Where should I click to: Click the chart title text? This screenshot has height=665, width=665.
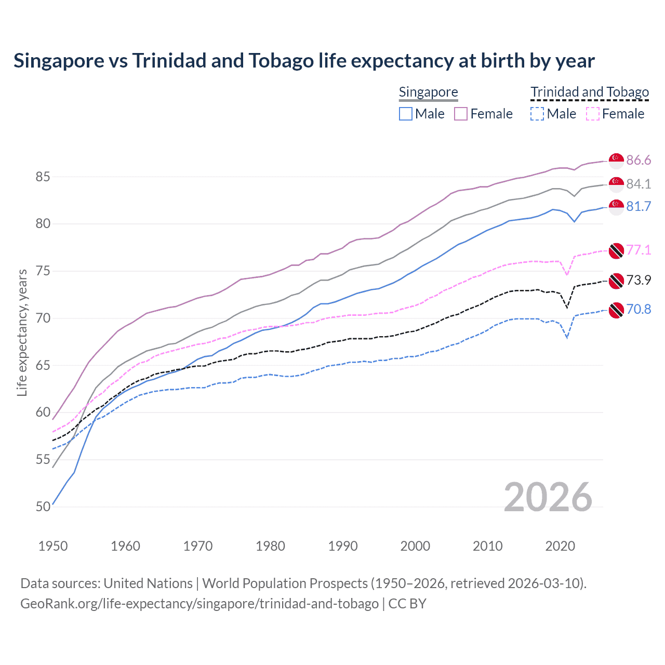click(x=304, y=61)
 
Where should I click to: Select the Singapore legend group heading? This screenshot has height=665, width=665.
click(x=428, y=92)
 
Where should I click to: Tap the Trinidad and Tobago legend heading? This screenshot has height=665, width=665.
click(x=590, y=92)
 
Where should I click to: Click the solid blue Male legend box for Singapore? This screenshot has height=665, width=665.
click(x=406, y=114)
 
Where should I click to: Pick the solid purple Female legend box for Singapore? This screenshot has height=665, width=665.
click(x=461, y=114)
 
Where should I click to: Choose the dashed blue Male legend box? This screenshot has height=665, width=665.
click(x=537, y=114)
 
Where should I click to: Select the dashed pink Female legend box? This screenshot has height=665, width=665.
click(x=592, y=114)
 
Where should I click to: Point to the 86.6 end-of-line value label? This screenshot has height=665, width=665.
click(x=639, y=160)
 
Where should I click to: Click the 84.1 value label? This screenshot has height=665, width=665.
click(x=639, y=184)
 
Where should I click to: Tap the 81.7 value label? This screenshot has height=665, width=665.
click(x=639, y=206)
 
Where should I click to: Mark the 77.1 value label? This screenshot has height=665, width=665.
click(x=639, y=250)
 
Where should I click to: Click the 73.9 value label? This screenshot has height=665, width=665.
click(x=639, y=280)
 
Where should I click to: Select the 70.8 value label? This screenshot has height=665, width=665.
click(x=639, y=309)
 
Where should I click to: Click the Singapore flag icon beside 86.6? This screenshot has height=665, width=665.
click(x=616, y=161)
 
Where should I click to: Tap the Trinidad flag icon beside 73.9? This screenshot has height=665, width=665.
click(x=616, y=281)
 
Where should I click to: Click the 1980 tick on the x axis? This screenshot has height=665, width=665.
click(x=270, y=546)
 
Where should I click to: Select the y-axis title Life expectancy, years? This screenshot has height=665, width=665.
click(x=22, y=332)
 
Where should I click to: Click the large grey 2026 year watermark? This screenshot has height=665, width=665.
click(x=548, y=497)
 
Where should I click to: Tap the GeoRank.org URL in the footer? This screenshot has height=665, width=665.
click(x=199, y=604)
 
